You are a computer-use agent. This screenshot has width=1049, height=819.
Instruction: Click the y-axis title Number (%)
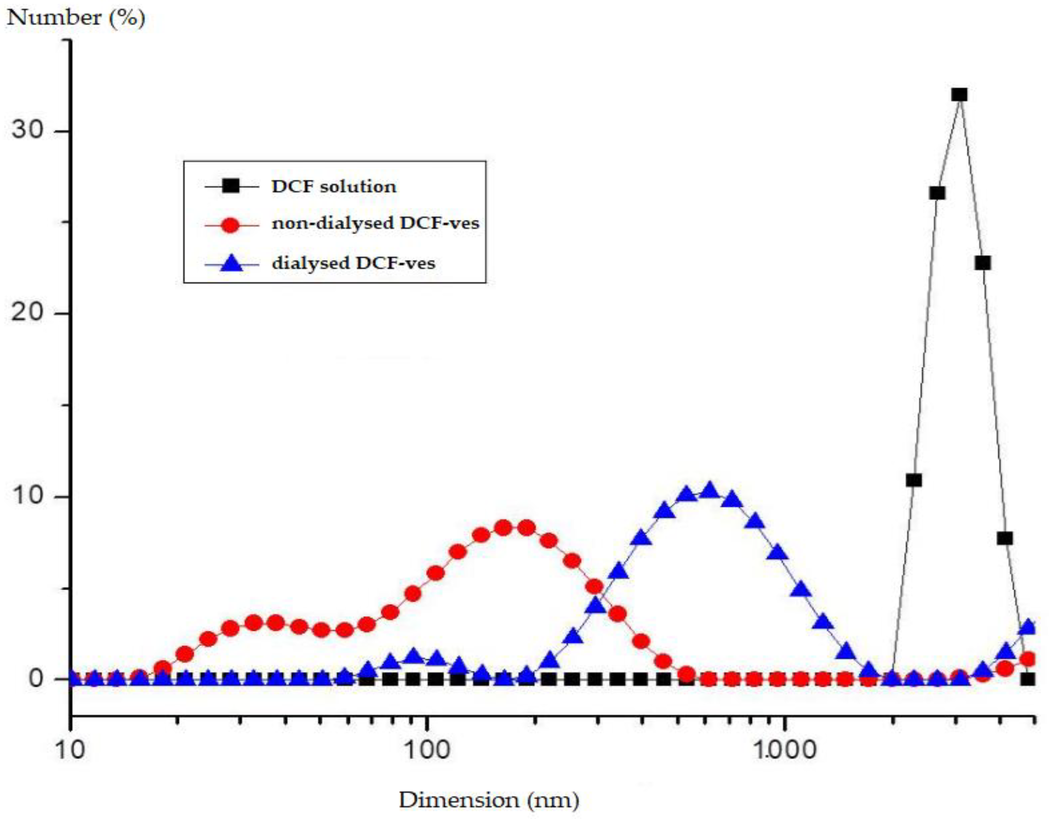76,18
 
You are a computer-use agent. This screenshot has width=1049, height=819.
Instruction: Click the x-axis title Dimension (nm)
489,800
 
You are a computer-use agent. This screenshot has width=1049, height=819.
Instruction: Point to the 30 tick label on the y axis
28,129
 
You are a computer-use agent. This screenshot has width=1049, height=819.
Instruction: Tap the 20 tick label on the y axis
28,312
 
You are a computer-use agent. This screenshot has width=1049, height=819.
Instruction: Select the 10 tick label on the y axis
28,495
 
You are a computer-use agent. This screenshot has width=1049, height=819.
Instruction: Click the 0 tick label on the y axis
35,678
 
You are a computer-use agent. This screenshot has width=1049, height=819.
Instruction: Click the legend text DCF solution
334,186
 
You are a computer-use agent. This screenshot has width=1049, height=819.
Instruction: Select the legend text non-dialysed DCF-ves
375,223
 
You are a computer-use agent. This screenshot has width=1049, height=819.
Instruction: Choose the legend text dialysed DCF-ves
353,263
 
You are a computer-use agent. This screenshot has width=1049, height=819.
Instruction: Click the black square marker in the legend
230,186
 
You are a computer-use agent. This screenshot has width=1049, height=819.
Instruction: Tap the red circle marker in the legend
230,225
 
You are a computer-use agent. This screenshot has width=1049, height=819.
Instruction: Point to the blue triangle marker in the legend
231,264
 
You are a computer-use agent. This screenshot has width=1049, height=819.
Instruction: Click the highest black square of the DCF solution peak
959,95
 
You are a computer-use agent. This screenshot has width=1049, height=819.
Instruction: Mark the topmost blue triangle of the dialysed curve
709,490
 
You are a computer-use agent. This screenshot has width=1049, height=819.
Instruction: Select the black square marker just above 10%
913,480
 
